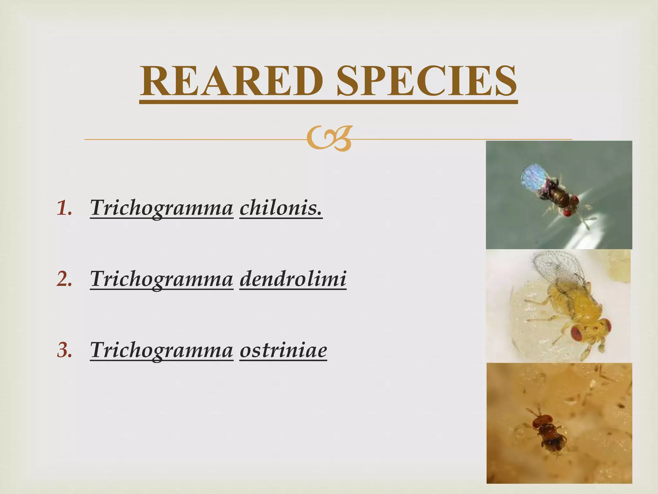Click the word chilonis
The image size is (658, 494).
click(281, 208)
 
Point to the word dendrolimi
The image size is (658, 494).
click(293, 279)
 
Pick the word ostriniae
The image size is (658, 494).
click(283, 350)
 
